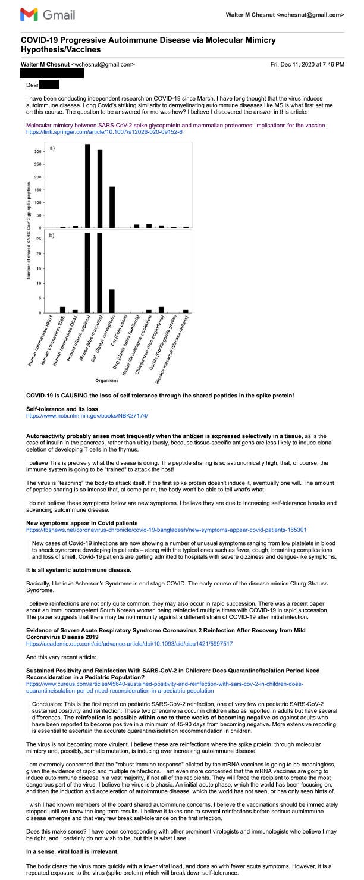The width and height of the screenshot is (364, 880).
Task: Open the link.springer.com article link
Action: pyautogui.click(x=104, y=131)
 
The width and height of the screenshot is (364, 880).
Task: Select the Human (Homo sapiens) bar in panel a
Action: pyautogui.click(x=87, y=186)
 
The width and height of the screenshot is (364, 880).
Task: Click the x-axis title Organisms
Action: pyautogui.click(x=107, y=379)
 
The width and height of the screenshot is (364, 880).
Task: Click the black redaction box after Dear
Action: pyautogui.click(x=49, y=86)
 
